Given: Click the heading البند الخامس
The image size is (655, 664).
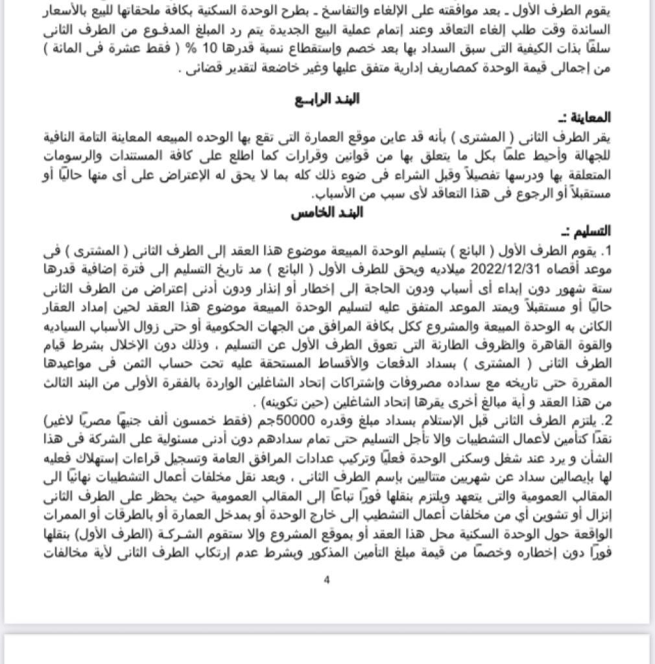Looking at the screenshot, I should (x=327, y=213).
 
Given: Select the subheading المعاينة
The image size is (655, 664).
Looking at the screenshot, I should (x=588, y=118).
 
